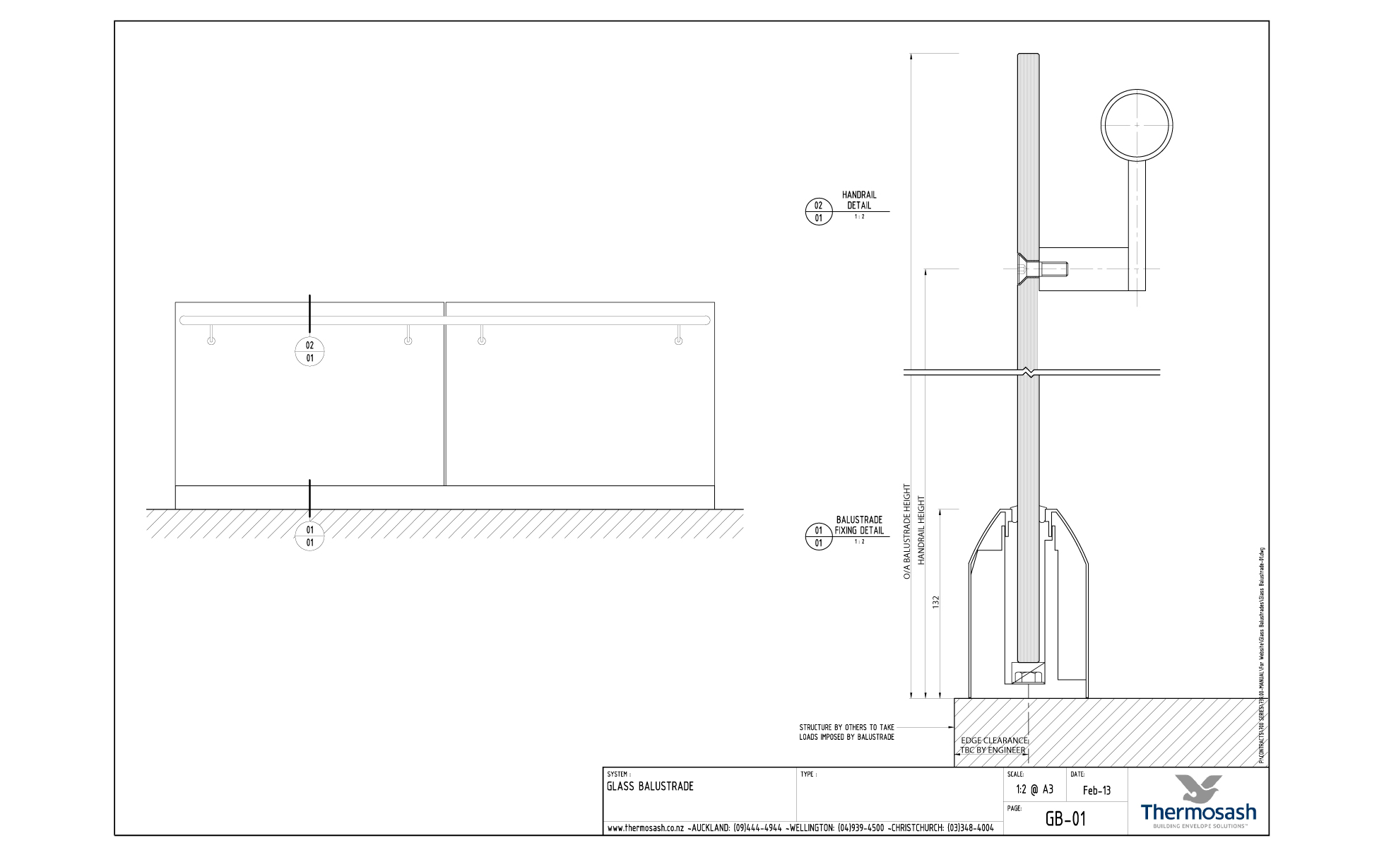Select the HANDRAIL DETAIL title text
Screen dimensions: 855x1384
[x=859, y=200]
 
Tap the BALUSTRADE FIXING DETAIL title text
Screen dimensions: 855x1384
[x=859, y=525]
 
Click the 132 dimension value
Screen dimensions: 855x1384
[x=936, y=602]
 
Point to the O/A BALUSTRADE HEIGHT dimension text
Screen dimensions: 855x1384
[x=907, y=531]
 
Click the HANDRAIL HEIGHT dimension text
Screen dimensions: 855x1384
[x=921, y=530]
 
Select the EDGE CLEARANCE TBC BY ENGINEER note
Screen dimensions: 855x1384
[x=993, y=745]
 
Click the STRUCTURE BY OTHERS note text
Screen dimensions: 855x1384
[x=846, y=732]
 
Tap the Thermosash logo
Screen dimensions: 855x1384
[x=1198, y=801]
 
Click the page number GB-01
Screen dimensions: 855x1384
[x=1065, y=819]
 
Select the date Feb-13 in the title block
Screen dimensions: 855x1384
[x=1096, y=791]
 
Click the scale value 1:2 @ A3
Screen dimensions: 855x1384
[x=1034, y=789]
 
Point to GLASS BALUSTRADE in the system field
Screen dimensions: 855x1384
[x=650, y=786]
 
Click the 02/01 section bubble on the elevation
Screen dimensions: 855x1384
[x=309, y=351]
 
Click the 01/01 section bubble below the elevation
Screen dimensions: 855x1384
[x=309, y=536]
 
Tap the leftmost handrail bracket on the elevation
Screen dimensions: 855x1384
[x=211, y=336]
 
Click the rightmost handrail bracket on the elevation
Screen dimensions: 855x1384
[x=678, y=336]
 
